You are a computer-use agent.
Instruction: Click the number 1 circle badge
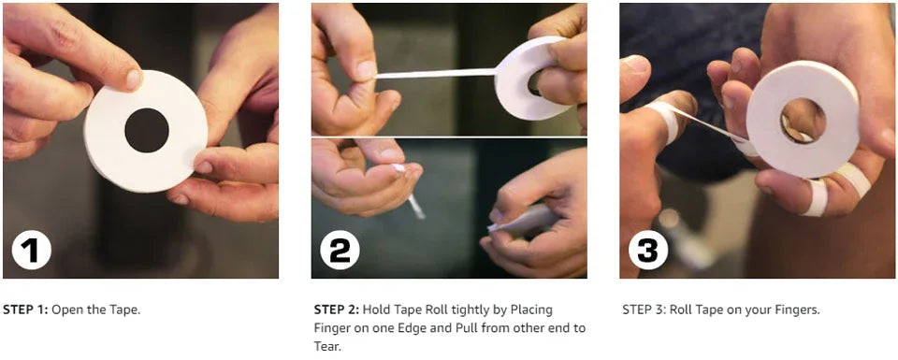pos(32,250)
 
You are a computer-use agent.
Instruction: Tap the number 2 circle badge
pos(340,250)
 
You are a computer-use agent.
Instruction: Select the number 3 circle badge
pos(647,250)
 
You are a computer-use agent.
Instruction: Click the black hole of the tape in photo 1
pos(147,130)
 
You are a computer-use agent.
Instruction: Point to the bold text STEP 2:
pos(337,310)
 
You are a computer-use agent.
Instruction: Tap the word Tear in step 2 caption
pos(326,347)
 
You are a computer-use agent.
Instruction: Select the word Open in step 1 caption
pos(65,310)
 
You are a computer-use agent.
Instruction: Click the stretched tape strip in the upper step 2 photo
pos(435,74)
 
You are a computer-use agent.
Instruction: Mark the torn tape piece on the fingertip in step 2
pos(399,168)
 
